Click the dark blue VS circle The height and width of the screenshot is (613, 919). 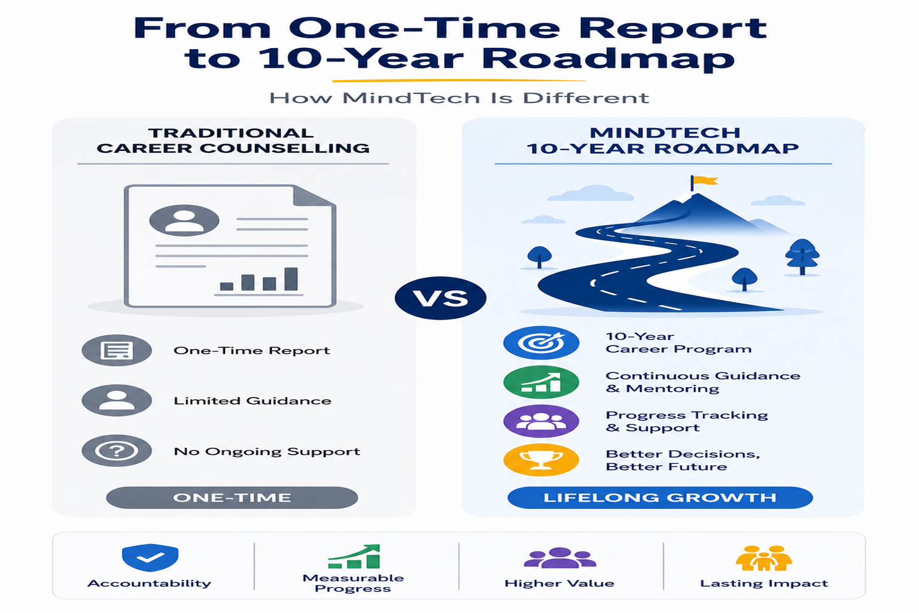point(440,298)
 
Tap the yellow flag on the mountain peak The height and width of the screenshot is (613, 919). point(705,181)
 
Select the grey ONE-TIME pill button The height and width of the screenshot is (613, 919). point(232,497)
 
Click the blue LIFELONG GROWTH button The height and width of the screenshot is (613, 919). point(660,497)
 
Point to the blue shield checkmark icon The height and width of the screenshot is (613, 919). point(150,557)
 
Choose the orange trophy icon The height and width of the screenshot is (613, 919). point(541,460)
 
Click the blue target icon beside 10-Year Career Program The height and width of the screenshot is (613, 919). point(541,342)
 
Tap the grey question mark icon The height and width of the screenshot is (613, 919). point(117,451)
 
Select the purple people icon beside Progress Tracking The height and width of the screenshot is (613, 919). point(541,421)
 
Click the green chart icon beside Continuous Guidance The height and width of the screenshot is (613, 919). point(541,382)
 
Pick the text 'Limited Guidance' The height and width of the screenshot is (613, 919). point(252,400)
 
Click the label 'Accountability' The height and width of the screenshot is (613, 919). point(150,584)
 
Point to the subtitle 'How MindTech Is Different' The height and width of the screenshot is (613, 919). point(459,98)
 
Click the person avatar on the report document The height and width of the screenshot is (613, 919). point(184,220)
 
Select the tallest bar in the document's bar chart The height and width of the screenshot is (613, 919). point(291,279)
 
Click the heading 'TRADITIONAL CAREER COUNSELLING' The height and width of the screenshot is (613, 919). point(233,141)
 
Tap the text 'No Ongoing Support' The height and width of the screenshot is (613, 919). point(267,451)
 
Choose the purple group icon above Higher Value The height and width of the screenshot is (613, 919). point(559,558)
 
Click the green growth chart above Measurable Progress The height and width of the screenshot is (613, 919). point(354,557)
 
